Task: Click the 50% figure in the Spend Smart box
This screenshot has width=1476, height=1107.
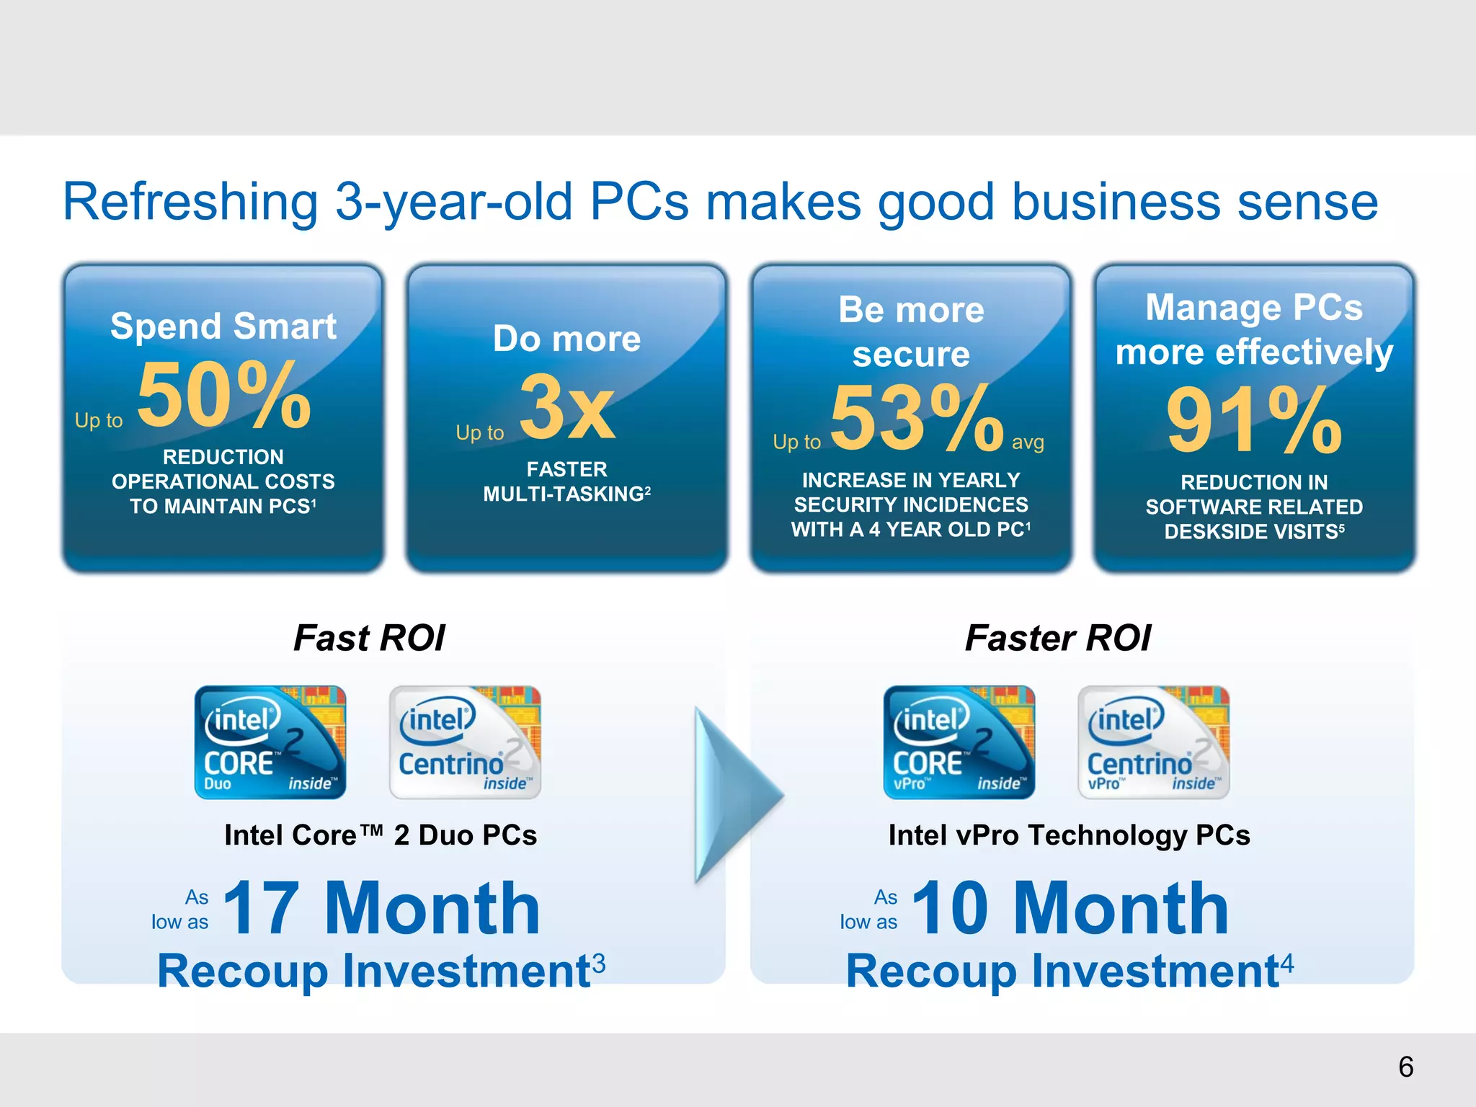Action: pyautogui.click(x=224, y=396)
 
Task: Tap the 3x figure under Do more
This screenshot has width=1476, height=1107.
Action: pyautogui.click(x=567, y=408)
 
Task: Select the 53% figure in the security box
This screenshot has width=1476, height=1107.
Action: pyautogui.click(x=917, y=419)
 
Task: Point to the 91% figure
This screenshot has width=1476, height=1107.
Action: pyautogui.click(x=1254, y=421)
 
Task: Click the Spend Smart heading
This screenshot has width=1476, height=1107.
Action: pyautogui.click(x=223, y=326)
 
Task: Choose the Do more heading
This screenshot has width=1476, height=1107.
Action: pyautogui.click(x=567, y=339)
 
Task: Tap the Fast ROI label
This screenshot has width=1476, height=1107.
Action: pyautogui.click(x=369, y=638)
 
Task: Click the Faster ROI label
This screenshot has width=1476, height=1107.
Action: pyautogui.click(x=1058, y=638)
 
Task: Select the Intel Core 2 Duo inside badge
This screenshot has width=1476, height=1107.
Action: pyautogui.click(x=270, y=742)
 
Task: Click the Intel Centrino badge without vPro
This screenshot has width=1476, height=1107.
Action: pyautogui.click(x=465, y=742)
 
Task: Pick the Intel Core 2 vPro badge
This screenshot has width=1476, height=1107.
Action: pyautogui.click(x=959, y=742)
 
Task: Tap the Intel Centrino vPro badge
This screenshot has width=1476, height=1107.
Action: pyautogui.click(x=1153, y=742)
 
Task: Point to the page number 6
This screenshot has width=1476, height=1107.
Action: pyautogui.click(x=1405, y=1067)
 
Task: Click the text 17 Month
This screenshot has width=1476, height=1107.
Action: pyautogui.click(x=382, y=909)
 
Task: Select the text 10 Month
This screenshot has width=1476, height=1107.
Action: pyautogui.click(x=1070, y=909)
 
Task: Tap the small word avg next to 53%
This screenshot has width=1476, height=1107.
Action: pyautogui.click(x=1028, y=442)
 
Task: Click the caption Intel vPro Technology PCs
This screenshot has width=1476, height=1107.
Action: pyautogui.click(x=1069, y=835)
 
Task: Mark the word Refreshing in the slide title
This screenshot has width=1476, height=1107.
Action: pyautogui.click(x=190, y=203)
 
